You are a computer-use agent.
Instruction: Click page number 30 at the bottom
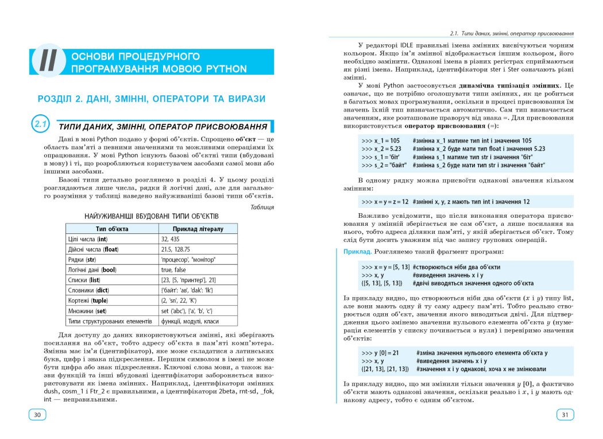point(37,415)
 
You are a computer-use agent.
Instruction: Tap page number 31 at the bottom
point(565,415)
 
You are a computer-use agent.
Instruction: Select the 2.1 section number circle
point(41,125)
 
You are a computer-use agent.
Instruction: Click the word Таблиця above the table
point(262,207)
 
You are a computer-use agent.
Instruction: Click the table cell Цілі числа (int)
point(88,239)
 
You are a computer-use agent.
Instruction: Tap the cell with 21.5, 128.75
point(176,249)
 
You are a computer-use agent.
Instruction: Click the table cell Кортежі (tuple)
point(88,301)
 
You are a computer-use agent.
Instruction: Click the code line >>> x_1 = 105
point(381,140)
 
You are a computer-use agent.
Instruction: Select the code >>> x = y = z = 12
point(385,202)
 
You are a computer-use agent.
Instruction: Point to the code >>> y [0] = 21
point(381,353)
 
